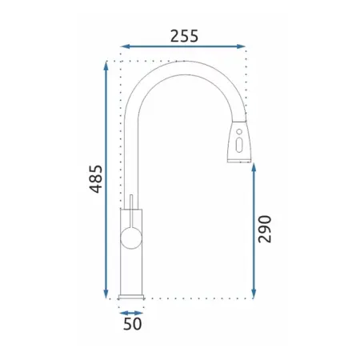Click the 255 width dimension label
coord(184,36)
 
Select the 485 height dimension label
coord(96,179)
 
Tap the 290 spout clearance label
coord(265,229)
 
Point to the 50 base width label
coord(133,324)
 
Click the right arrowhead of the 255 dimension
coord(241,46)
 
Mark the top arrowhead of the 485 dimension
coord(106,66)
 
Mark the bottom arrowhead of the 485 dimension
coord(106,294)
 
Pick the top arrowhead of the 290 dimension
coord(254,167)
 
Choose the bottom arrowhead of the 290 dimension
coord(254,294)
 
